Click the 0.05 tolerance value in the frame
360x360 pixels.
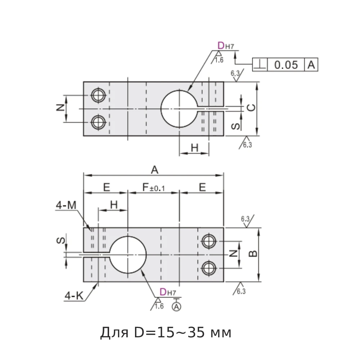[x=286, y=65]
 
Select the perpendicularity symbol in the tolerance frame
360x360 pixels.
[x=260, y=65]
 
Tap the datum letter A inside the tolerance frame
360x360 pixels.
[x=311, y=65]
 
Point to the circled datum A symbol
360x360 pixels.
[x=176, y=306]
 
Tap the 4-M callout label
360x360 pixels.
[x=66, y=205]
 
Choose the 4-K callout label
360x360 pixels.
[x=73, y=296]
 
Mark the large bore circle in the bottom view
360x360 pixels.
[x=128, y=254]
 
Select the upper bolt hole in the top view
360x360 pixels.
[x=98, y=95]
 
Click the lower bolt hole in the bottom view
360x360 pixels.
[x=208, y=268]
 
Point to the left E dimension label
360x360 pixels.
[x=106, y=187]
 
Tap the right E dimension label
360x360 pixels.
[x=202, y=187]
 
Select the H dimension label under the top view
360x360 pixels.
[x=194, y=148]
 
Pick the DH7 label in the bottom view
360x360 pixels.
[x=167, y=292]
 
